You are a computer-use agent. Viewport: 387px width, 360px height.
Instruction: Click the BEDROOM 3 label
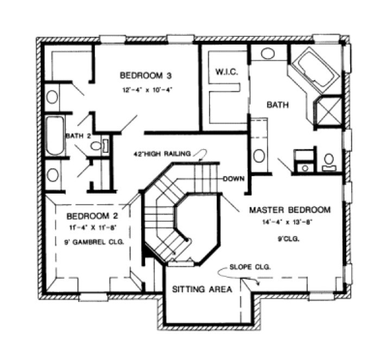coord(146,74)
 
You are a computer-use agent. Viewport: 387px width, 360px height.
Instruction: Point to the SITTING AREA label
coord(202,290)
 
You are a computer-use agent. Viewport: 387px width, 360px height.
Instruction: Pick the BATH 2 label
coord(78,136)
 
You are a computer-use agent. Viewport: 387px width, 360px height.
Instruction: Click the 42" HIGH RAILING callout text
coord(162,154)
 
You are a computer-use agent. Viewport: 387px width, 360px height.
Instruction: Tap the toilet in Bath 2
coord(97,145)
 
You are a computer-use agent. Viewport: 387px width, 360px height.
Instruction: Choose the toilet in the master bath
coord(329,160)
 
